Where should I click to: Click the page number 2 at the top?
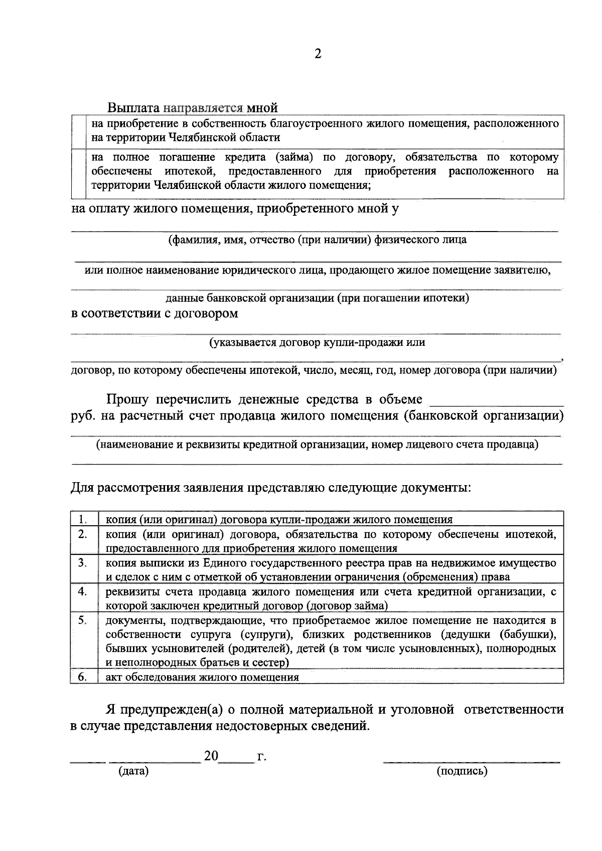pos(318,54)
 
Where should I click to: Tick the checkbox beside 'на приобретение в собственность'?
pos(78,131)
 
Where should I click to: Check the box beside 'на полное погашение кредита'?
pos(78,172)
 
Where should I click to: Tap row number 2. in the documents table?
pos(83,534)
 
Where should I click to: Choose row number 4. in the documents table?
pos(83,591)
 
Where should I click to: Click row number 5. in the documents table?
pos(83,620)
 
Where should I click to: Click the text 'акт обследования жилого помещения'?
pos(202,677)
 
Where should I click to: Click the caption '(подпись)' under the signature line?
pos(462,771)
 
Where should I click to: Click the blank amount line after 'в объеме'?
pos(497,401)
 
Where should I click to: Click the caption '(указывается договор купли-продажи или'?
pos(317,343)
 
